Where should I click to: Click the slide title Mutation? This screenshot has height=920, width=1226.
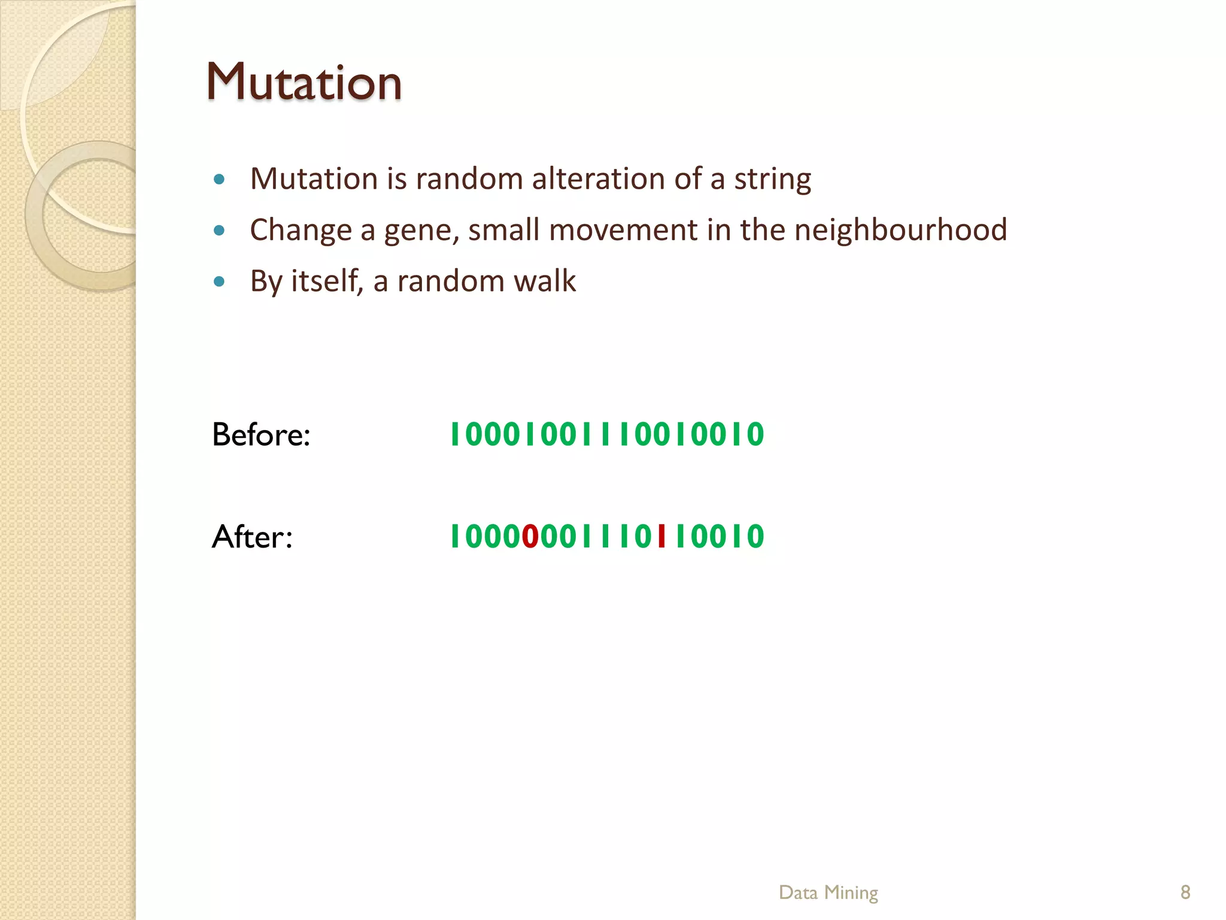click(x=304, y=82)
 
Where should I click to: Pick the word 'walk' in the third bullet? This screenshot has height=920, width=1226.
click(x=545, y=281)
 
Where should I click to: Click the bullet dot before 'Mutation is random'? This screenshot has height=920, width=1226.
click(x=219, y=179)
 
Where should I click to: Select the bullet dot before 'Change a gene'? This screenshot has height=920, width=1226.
click(x=219, y=230)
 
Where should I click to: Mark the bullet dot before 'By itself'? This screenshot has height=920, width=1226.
click(x=219, y=281)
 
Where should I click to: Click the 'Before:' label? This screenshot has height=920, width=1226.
click(x=261, y=434)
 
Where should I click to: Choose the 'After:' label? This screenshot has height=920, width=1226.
click(x=252, y=536)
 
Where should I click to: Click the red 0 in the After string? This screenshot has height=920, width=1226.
click(x=530, y=536)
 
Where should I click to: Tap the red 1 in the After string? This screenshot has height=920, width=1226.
click(x=661, y=536)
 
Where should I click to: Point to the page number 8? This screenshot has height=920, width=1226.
click(x=1185, y=892)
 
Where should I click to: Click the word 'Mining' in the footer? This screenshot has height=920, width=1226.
click(x=851, y=893)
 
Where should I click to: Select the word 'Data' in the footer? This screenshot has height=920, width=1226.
click(x=798, y=892)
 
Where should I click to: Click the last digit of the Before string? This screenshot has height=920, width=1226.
click(x=755, y=434)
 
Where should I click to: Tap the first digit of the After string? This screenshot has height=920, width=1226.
click(x=455, y=536)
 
